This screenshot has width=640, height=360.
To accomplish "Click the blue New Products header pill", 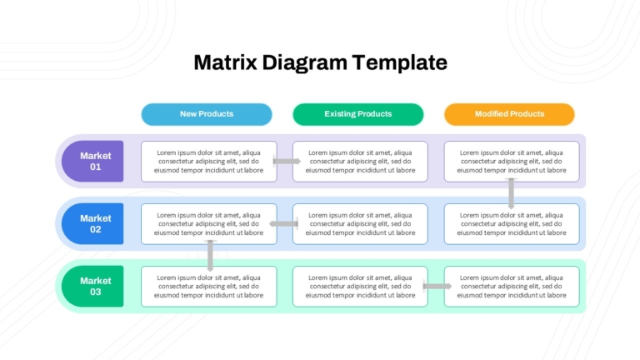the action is pos(207,114).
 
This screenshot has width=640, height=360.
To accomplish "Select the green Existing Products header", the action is pos(358,114).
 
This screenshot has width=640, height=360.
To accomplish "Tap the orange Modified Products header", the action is pos(509,114).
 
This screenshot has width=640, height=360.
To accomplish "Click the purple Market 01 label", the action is pos(92,161).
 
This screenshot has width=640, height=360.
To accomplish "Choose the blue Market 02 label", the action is pos(92,223).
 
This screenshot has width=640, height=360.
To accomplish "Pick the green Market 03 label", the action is pos(92,286).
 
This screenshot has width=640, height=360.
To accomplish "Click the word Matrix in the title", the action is pos(225,62).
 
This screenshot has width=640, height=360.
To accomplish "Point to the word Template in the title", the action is pos(400,63).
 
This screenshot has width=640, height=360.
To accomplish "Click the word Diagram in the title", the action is pos(304,63).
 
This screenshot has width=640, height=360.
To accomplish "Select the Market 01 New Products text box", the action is pos(209,162).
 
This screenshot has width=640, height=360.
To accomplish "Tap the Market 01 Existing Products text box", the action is pos(360,162).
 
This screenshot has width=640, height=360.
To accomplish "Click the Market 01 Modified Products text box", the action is pos(512,162).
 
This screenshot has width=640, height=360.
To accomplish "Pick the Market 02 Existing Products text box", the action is pos(360,224).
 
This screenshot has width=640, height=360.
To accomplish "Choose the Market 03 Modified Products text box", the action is pos(512,287).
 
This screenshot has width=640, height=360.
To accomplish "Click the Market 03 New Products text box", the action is pos(209,287).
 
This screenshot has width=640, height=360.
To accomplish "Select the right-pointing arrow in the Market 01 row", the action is pos(287,161).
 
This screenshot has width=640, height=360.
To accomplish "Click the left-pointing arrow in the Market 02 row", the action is pos(283,223).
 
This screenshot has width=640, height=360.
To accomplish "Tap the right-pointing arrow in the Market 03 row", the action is pos(437,286).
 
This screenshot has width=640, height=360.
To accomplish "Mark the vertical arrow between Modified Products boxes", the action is pos(512,193).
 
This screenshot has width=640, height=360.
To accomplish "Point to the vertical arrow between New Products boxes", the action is pos(210,256).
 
